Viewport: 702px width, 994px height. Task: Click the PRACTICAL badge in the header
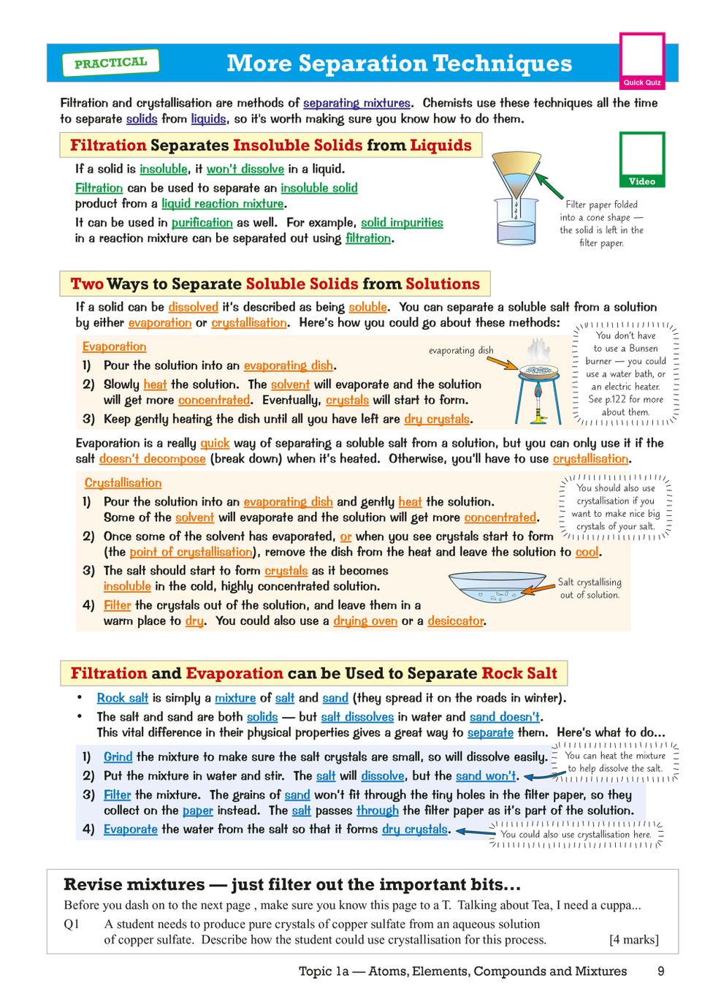(x=110, y=63)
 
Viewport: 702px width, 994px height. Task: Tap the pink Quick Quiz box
(x=642, y=61)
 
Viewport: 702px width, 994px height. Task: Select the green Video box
(x=642, y=159)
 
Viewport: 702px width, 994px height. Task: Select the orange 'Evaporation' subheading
(x=114, y=346)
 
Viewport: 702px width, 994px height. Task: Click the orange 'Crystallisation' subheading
(x=123, y=482)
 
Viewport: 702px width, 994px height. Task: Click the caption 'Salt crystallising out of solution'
(x=590, y=588)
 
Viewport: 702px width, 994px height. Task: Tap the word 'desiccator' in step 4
(x=456, y=621)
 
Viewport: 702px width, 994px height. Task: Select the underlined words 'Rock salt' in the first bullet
(x=123, y=698)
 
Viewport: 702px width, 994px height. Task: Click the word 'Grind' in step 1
(x=118, y=756)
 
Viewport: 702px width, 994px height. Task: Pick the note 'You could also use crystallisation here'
(x=576, y=834)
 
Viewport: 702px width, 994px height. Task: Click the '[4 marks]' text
(x=633, y=939)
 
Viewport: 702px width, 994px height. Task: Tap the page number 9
(x=660, y=971)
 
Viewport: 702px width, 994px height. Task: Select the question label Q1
(x=72, y=924)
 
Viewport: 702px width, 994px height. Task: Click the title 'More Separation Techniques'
(x=399, y=64)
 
